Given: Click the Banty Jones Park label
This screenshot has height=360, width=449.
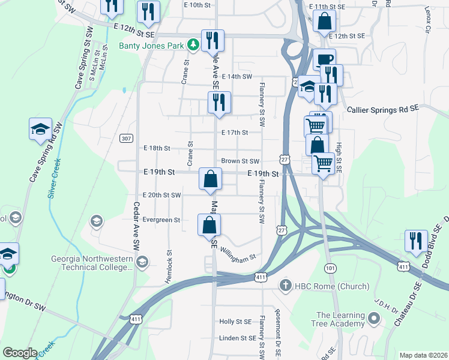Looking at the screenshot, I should click(x=152, y=45).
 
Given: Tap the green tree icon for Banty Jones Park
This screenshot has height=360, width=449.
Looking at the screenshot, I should click(x=193, y=45).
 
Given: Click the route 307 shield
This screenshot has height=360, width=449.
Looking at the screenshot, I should click(x=126, y=139).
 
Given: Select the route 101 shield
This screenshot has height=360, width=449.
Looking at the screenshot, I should click(x=329, y=266).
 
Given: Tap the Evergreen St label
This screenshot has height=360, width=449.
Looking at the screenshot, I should click(x=162, y=220).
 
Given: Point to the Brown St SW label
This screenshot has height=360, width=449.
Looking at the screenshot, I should click(x=240, y=161).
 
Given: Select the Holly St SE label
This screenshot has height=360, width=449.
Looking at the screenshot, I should click(x=235, y=322).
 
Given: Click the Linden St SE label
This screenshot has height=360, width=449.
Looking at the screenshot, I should click(x=238, y=338).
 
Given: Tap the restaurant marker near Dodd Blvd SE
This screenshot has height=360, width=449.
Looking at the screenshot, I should click(x=416, y=241).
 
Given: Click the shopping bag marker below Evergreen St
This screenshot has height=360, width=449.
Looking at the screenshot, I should click(x=209, y=225).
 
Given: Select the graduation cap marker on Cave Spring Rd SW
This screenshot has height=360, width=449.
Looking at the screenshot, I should click(x=40, y=130).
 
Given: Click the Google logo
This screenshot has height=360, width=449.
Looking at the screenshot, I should click(x=20, y=353).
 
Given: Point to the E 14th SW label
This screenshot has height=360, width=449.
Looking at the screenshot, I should click(x=237, y=77).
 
